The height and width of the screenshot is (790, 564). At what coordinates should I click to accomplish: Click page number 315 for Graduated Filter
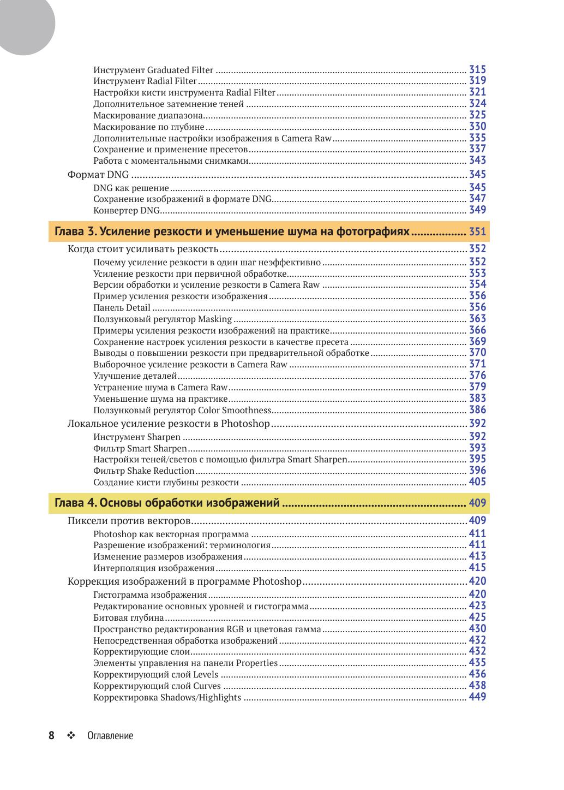tap(477, 69)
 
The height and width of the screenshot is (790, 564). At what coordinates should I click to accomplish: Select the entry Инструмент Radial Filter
tap(145, 81)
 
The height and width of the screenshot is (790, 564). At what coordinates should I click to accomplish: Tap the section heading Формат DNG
tap(98, 175)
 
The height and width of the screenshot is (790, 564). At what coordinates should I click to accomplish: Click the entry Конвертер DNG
tap(127, 211)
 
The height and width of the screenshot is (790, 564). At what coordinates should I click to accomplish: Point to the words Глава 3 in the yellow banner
tap(76, 232)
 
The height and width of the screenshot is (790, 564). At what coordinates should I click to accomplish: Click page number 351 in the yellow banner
tap(477, 233)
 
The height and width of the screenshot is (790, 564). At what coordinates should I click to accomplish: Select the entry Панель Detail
tap(122, 308)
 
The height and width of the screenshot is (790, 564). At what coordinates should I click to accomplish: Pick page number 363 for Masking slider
tap(477, 319)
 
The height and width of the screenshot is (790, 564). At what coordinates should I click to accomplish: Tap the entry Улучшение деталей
tap(135, 376)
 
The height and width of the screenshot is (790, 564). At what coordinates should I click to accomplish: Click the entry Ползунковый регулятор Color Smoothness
tap(182, 411)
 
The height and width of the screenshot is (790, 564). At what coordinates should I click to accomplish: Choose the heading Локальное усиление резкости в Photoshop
tap(169, 424)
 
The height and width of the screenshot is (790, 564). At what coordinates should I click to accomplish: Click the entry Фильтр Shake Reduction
tap(143, 471)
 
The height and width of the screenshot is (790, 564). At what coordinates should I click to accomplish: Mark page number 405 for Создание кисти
tap(477, 482)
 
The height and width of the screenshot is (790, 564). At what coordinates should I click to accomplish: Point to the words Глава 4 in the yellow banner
tap(76, 503)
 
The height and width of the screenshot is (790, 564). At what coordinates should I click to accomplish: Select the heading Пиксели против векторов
tap(129, 521)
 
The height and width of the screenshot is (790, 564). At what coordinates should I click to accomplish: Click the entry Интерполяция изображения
tap(154, 568)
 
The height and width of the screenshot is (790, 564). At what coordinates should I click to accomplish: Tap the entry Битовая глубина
tap(129, 618)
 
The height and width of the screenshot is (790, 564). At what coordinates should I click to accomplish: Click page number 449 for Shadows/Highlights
tap(477, 697)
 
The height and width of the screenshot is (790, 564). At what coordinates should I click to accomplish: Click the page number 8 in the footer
tap(51, 735)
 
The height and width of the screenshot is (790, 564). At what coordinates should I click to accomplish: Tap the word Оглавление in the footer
tap(110, 736)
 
